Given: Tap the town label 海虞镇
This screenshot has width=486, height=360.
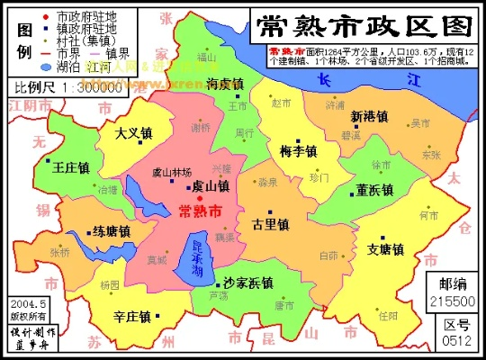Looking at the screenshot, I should (x=225, y=84).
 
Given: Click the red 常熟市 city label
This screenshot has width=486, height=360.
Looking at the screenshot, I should (x=202, y=211).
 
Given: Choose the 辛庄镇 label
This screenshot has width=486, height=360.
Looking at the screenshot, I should (x=134, y=316).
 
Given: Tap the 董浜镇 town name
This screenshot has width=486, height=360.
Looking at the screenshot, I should (x=375, y=190).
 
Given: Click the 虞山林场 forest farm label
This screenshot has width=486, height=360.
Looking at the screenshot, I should (x=172, y=172).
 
